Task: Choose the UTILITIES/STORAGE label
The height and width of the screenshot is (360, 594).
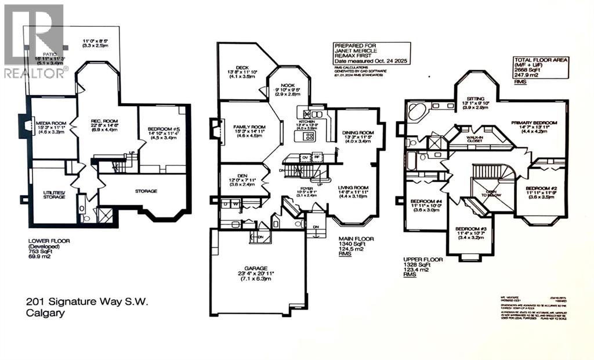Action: click(x=48, y=194)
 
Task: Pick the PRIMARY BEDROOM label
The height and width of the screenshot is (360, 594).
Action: click(x=534, y=123)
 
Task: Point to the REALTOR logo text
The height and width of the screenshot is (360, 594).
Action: click(x=35, y=73)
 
